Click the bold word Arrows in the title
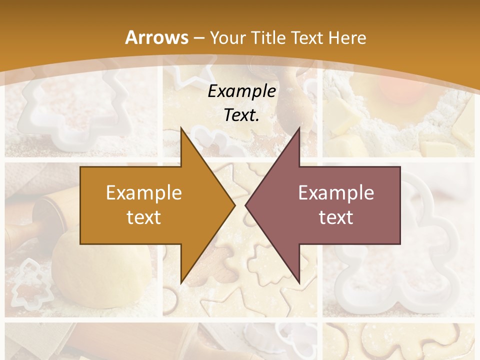pos(156,37)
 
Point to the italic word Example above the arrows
pos(242,91)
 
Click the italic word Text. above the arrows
pos(242,115)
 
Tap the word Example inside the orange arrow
pos(144,192)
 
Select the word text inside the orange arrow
pos(144,217)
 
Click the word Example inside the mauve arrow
pos(336,192)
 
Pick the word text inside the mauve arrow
pos(336,217)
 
